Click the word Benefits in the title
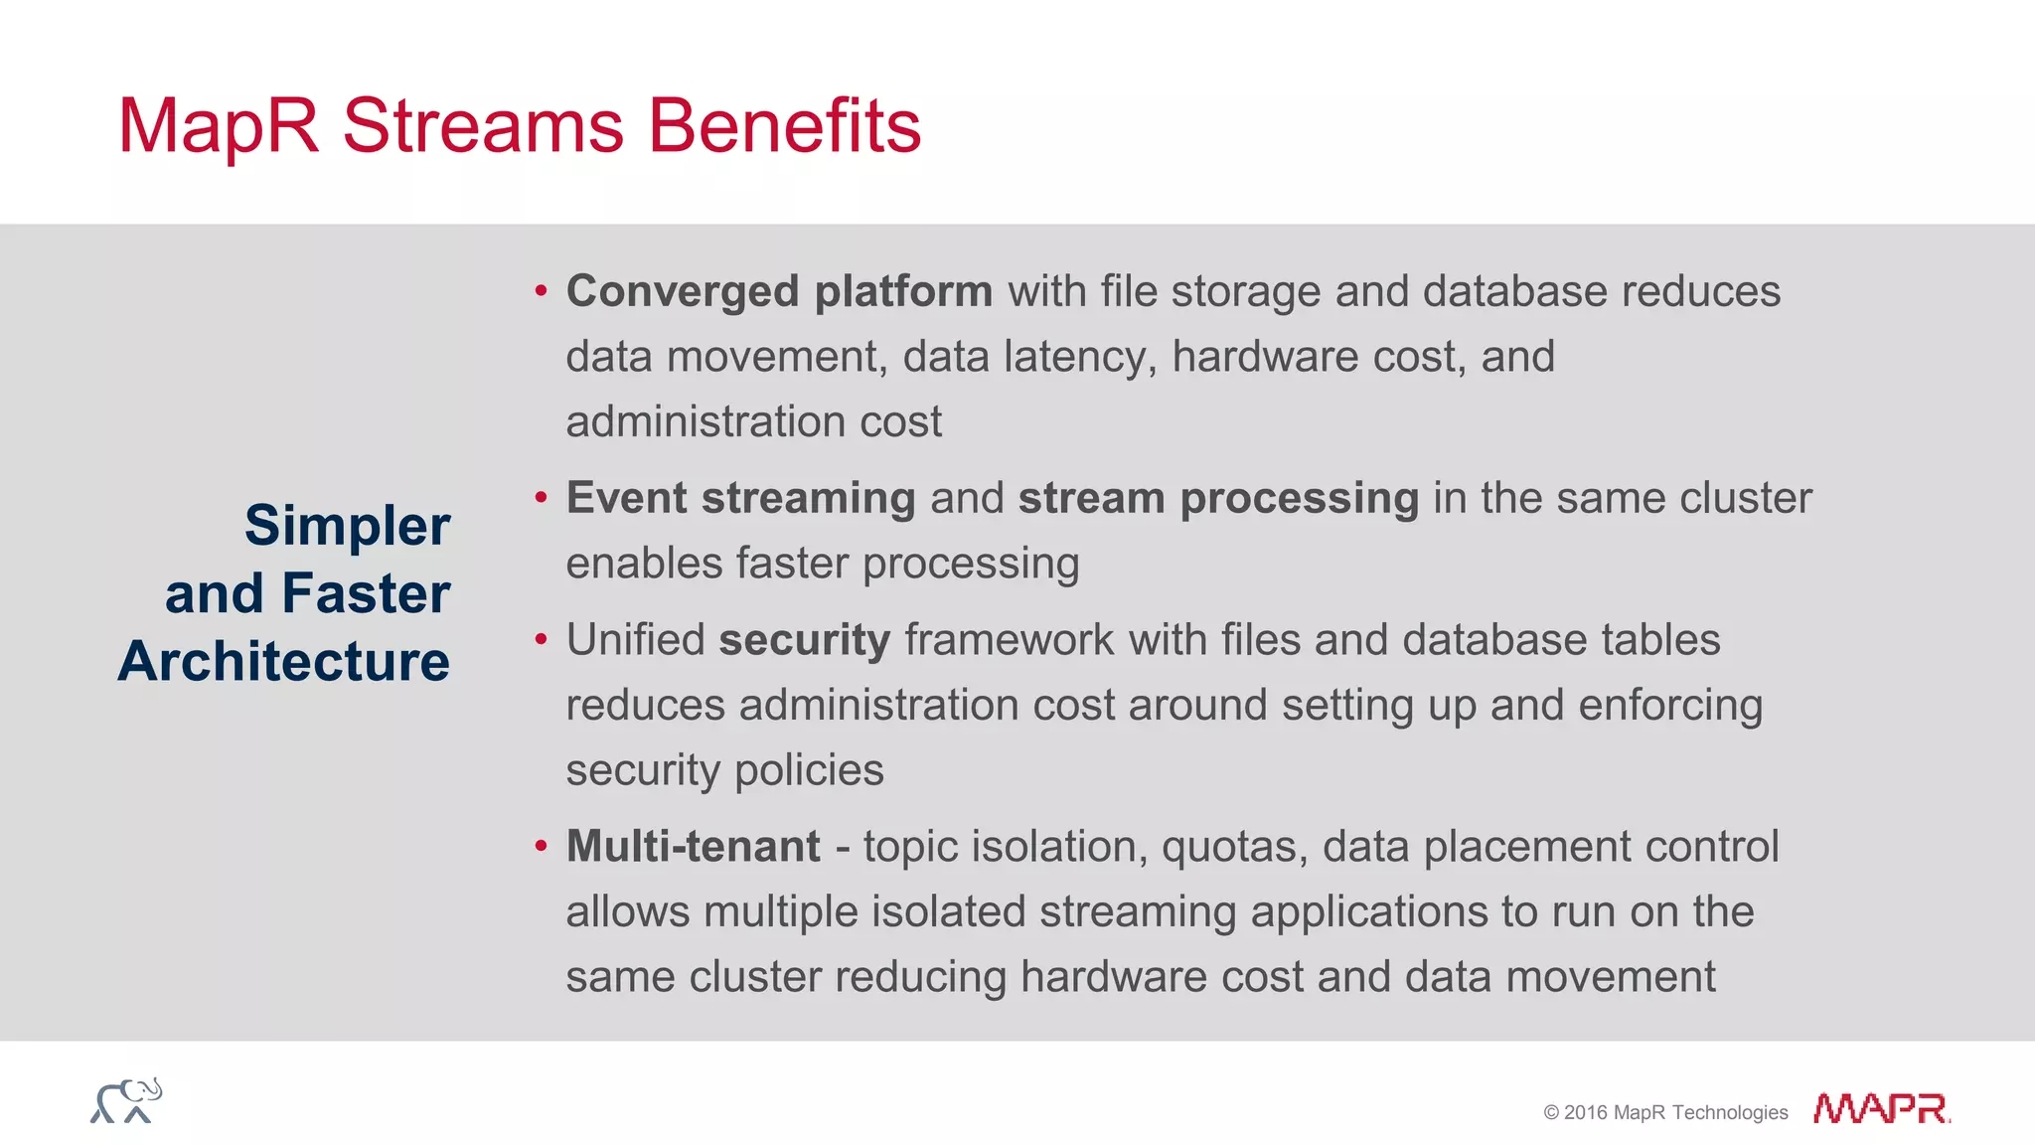784,126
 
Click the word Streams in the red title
483,126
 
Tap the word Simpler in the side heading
347,526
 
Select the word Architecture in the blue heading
284,662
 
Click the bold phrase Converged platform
779,292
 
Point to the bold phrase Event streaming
740,498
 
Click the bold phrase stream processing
1218,498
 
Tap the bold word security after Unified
804,640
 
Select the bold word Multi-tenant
693,847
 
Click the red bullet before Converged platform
541,291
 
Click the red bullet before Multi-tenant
541,846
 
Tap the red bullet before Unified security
541,639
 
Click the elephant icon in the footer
126,1100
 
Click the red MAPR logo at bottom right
1880,1108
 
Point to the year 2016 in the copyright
1585,1113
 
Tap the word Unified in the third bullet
635,640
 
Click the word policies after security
809,770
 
